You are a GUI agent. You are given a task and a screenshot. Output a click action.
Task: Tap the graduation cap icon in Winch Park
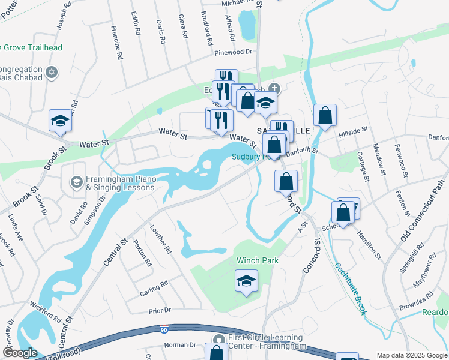tap(246, 281)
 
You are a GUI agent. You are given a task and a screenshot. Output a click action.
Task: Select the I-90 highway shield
tap(164, 329)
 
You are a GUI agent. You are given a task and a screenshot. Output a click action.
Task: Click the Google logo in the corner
tap(20, 353)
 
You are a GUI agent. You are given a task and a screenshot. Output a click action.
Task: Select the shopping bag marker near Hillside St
tap(325, 116)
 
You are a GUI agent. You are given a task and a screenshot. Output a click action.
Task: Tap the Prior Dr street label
tap(160, 311)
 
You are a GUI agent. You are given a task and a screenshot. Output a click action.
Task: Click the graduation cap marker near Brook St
tap(60, 121)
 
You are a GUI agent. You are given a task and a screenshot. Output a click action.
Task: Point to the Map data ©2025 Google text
tap(412, 355)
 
